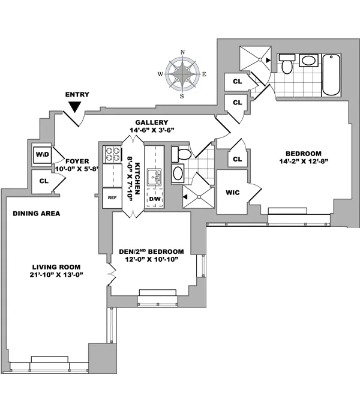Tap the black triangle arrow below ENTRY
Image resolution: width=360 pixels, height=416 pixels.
point(75,106)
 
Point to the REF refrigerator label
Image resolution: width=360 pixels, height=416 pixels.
point(112,197)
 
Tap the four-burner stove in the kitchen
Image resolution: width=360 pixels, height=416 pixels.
point(112,155)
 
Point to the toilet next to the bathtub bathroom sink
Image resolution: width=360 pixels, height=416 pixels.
point(287,64)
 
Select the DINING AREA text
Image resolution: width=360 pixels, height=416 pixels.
point(36,213)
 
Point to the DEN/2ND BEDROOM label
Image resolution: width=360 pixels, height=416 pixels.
point(155,252)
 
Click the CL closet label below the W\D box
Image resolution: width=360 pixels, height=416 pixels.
point(43,180)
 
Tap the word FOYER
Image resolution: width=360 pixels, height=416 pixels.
point(77,160)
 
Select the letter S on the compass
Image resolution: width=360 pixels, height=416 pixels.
point(182,96)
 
